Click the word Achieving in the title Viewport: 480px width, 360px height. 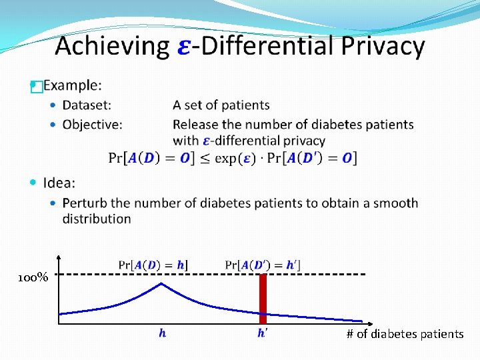(x=112, y=47)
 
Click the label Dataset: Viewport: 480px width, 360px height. (x=87, y=105)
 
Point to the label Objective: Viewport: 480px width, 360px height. (x=92, y=125)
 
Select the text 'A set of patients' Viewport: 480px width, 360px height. (x=221, y=105)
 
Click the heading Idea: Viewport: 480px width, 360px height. (x=59, y=183)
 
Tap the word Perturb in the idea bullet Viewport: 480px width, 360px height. (x=85, y=203)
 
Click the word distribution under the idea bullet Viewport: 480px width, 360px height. (x=97, y=219)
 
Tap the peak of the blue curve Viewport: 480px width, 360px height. (x=161, y=284)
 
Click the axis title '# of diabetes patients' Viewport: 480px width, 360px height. (x=405, y=334)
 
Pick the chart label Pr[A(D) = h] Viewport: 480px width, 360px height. (x=153, y=265)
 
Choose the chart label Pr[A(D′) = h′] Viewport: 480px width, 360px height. (x=262, y=265)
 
